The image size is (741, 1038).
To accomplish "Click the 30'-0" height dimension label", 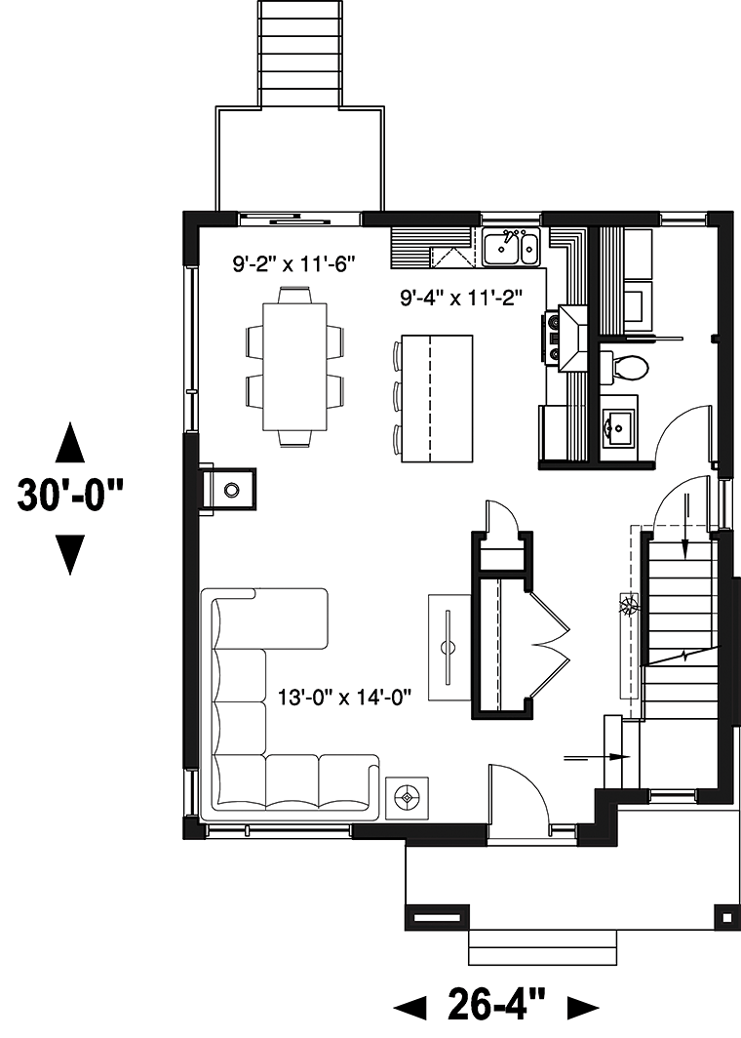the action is [x=71, y=496].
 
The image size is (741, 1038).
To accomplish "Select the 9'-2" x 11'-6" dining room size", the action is [x=294, y=264].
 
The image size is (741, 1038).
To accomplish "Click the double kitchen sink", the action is [x=511, y=247].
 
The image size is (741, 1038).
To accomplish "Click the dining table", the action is [x=295, y=366].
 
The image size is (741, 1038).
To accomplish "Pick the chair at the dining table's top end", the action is [x=295, y=294].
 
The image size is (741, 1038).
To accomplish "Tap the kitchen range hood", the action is [x=570, y=339].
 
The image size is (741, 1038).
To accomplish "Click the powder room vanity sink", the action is [x=618, y=427].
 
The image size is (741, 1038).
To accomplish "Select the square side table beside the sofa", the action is [x=407, y=798].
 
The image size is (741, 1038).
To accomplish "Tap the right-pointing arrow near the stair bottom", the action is [x=597, y=757].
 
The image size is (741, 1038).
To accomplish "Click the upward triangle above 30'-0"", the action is [x=69, y=443].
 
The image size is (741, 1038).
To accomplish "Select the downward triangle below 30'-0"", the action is [x=69, y=554].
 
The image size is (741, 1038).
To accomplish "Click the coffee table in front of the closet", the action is [x=449, y=646].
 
